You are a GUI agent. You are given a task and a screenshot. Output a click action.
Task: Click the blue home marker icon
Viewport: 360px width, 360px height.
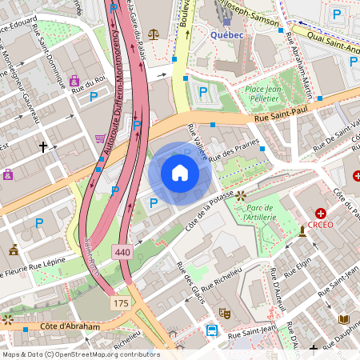tap(180, 173)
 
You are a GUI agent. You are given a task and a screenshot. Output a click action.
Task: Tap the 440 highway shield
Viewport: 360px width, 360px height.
tap(122, 250)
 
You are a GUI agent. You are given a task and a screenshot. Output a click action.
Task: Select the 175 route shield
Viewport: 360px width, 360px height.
tap(121, 303)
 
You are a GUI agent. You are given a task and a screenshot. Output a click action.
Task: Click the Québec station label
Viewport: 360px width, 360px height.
tap(226, 34)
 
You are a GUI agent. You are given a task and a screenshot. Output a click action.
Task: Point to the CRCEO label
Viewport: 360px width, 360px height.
tap(321, 226)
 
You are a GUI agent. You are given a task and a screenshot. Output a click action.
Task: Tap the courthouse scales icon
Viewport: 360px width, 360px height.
tap(154, 36)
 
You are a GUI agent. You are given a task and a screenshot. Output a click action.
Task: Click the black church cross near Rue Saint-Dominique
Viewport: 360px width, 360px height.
tap(44, 146)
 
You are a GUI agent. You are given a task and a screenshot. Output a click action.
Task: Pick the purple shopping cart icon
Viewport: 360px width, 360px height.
tap(100, 138)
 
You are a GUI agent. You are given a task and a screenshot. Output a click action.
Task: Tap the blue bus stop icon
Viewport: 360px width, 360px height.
tap(212, 330)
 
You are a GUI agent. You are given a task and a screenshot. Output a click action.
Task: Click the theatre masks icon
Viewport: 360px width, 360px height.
tap(224, 313)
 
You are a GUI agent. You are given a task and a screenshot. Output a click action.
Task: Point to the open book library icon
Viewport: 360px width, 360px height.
tap(345, 319)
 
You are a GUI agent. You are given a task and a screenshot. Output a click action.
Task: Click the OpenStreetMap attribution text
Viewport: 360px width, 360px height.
tap(80, 354)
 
